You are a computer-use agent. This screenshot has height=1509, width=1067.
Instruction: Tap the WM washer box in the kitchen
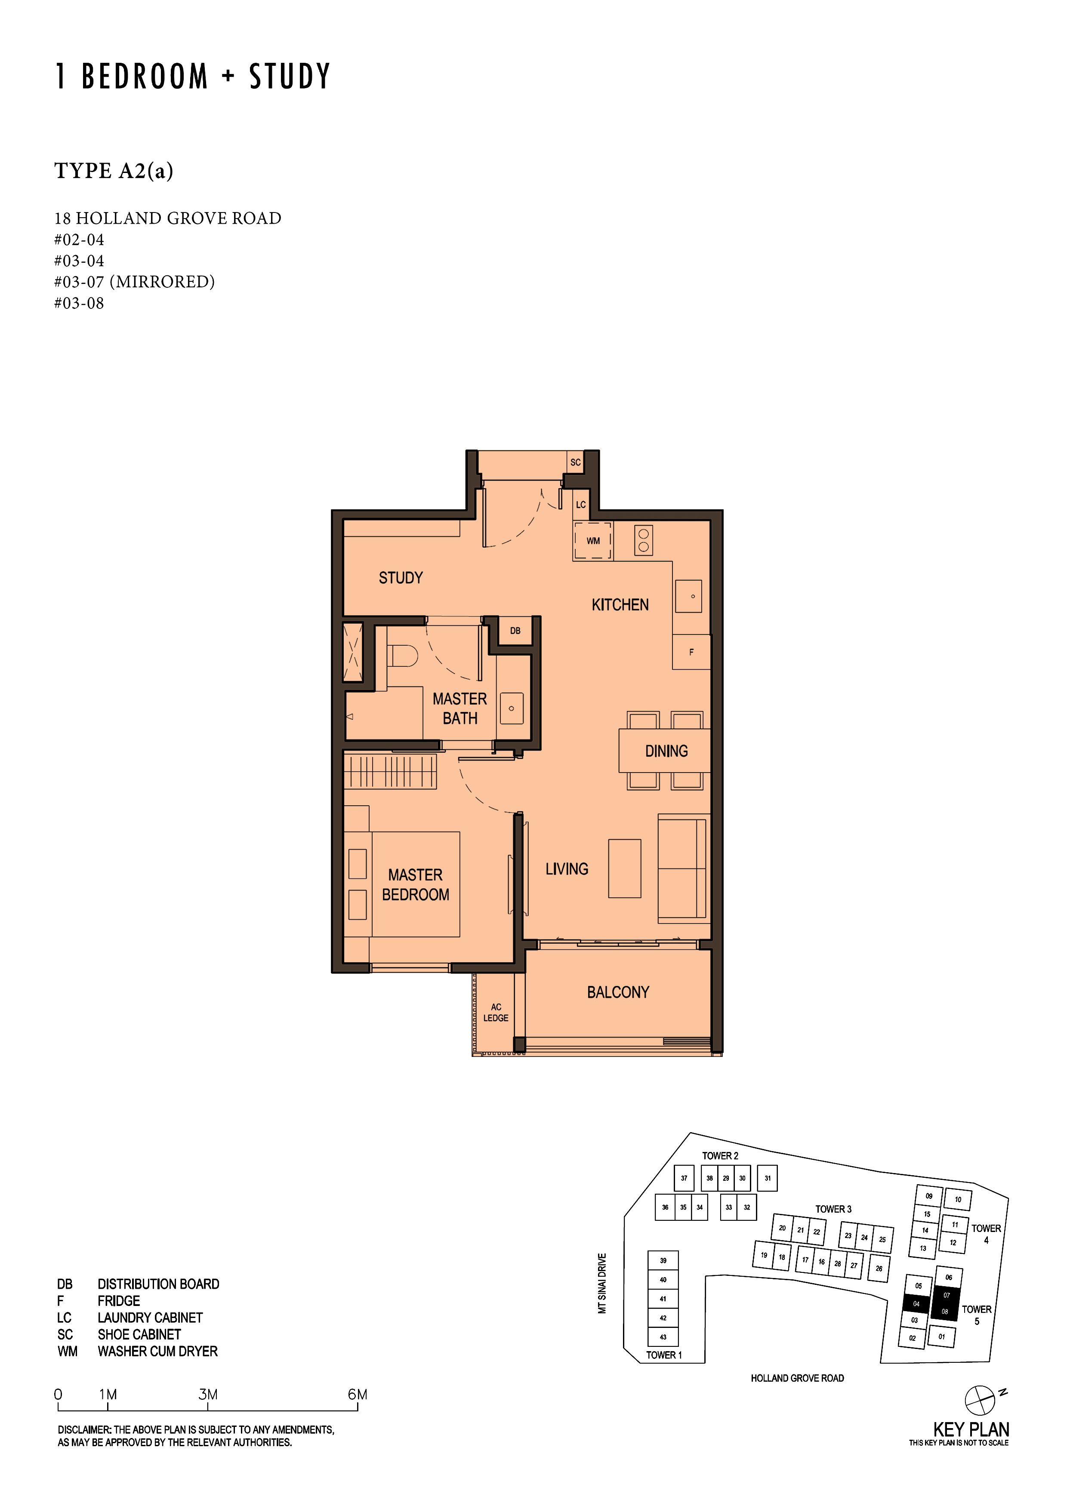(592, 541)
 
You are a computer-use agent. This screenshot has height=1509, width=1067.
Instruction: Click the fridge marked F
(691, 652)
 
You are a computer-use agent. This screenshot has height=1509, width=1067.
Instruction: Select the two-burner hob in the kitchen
(644, 541)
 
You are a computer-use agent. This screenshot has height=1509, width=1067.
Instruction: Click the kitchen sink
(688, 596)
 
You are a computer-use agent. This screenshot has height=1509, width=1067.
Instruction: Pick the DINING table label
(666, 751)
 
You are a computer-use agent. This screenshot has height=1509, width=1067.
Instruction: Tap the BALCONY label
(618, 992)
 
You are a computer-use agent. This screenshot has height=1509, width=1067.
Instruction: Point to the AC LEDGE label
(496, 1013)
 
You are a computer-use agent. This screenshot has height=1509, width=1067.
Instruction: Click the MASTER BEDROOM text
(416, 885)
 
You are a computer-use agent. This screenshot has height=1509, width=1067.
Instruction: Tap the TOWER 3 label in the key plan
(833, 1209)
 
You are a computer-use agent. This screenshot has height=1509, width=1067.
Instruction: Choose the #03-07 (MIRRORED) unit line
(135, 282)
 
